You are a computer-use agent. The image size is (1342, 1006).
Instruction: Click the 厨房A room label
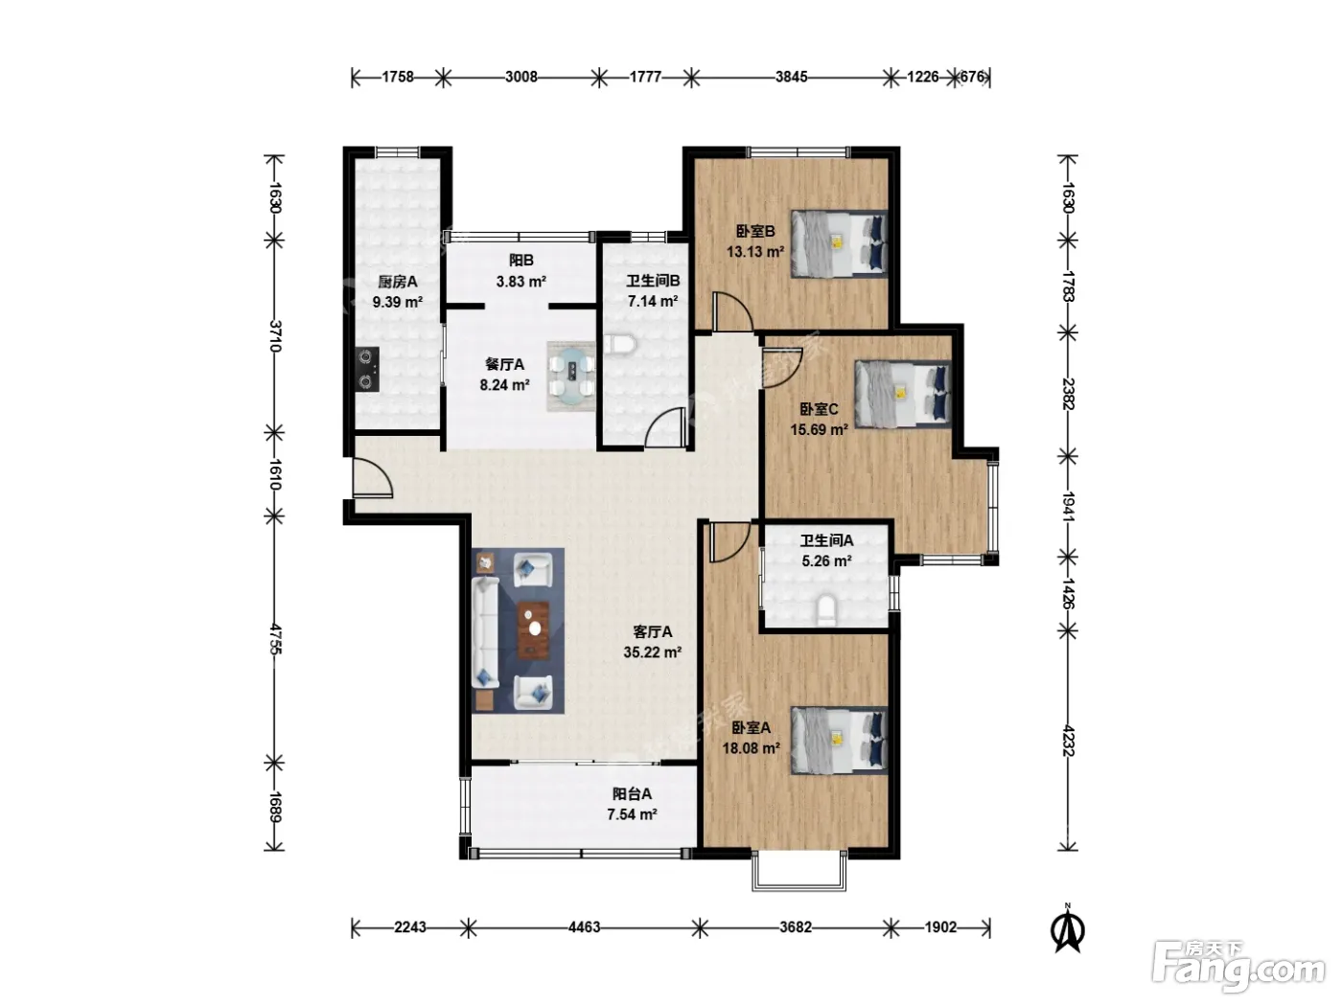click(x=398, y=282)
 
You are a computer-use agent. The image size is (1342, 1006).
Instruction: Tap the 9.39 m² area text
click(x=398, y=302)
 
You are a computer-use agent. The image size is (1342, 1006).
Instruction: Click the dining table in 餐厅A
click(x=571, y=376)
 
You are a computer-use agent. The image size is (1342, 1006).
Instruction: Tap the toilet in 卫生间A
click(x=825, y=609)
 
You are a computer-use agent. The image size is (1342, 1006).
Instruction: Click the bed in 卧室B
click(x=839, y=243)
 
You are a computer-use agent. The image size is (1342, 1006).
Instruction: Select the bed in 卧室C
click(x=902, y=394)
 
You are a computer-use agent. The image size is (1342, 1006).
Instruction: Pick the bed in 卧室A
click(x=839, y=741)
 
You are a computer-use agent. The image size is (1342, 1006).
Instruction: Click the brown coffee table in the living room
click(x=533, y=630)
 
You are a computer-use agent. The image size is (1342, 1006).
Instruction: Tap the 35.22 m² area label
click(x=653, y=652)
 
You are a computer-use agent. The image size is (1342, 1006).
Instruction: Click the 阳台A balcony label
click(x=632, y=793)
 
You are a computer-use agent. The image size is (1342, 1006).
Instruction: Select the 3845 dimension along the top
click(x=791, y=77)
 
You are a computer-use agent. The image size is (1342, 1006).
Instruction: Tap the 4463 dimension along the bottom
click(x=584, y=927)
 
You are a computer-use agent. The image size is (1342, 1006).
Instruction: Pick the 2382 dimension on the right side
click(x=1068, y=394)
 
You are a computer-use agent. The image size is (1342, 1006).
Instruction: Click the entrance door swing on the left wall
click(x=372, y=478)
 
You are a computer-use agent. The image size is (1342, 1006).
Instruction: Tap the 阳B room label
click(x=521, y=261)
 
